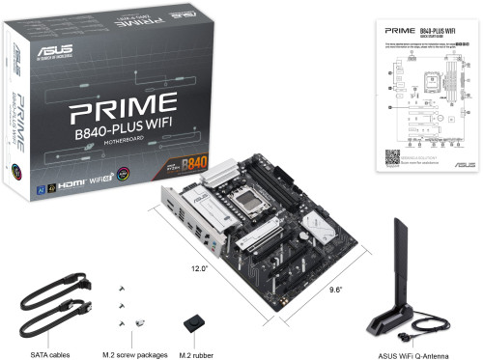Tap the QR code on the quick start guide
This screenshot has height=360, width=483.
pos(393,158)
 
